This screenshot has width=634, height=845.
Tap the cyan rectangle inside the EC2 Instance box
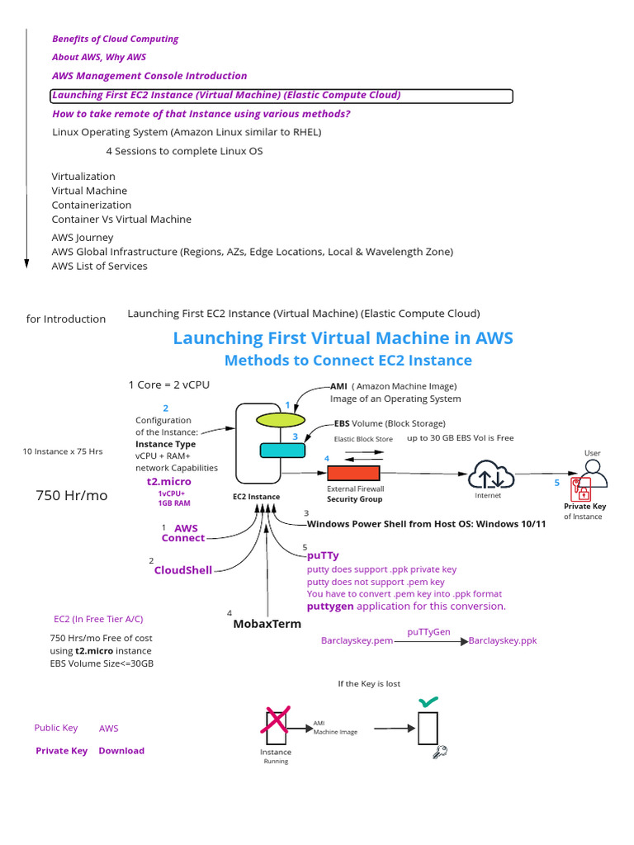[282, 450]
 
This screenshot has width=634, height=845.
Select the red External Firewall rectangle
[353, 473]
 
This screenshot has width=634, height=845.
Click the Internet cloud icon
[491, 475]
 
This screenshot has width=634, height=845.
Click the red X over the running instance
[275, 720]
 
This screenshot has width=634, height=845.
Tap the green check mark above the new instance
[428, 702]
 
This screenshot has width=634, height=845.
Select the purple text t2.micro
[169, 481]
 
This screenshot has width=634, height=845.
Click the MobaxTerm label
[267, 624]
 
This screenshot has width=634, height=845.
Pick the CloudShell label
[183, 570]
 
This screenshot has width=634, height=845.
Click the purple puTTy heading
[323, 556]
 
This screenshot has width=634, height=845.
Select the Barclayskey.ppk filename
[502, 641]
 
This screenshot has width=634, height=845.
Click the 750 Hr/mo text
[71, 495]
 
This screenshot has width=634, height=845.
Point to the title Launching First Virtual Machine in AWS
[343, 338]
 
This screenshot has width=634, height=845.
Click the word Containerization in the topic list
[92, 205]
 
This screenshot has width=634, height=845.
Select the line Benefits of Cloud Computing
[115, 39]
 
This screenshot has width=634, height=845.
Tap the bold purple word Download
[121, 751]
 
